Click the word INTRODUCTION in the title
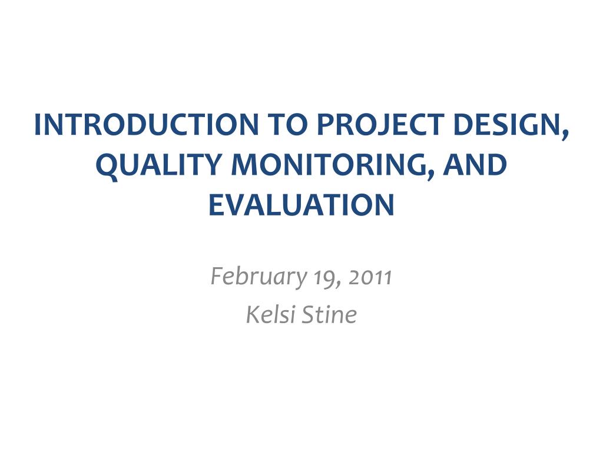click(x=146, y=125)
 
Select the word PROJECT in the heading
click(x=381, y=125)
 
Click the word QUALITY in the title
click(x=159, y=165)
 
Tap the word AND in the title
click(x=475, y=165)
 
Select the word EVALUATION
click(x=301, y=204)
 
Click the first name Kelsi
click(x=270, y=314)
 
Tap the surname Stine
click(x=329, y=314)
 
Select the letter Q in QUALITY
click(x=107, y=167)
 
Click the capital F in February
click(x=217, y=276)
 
